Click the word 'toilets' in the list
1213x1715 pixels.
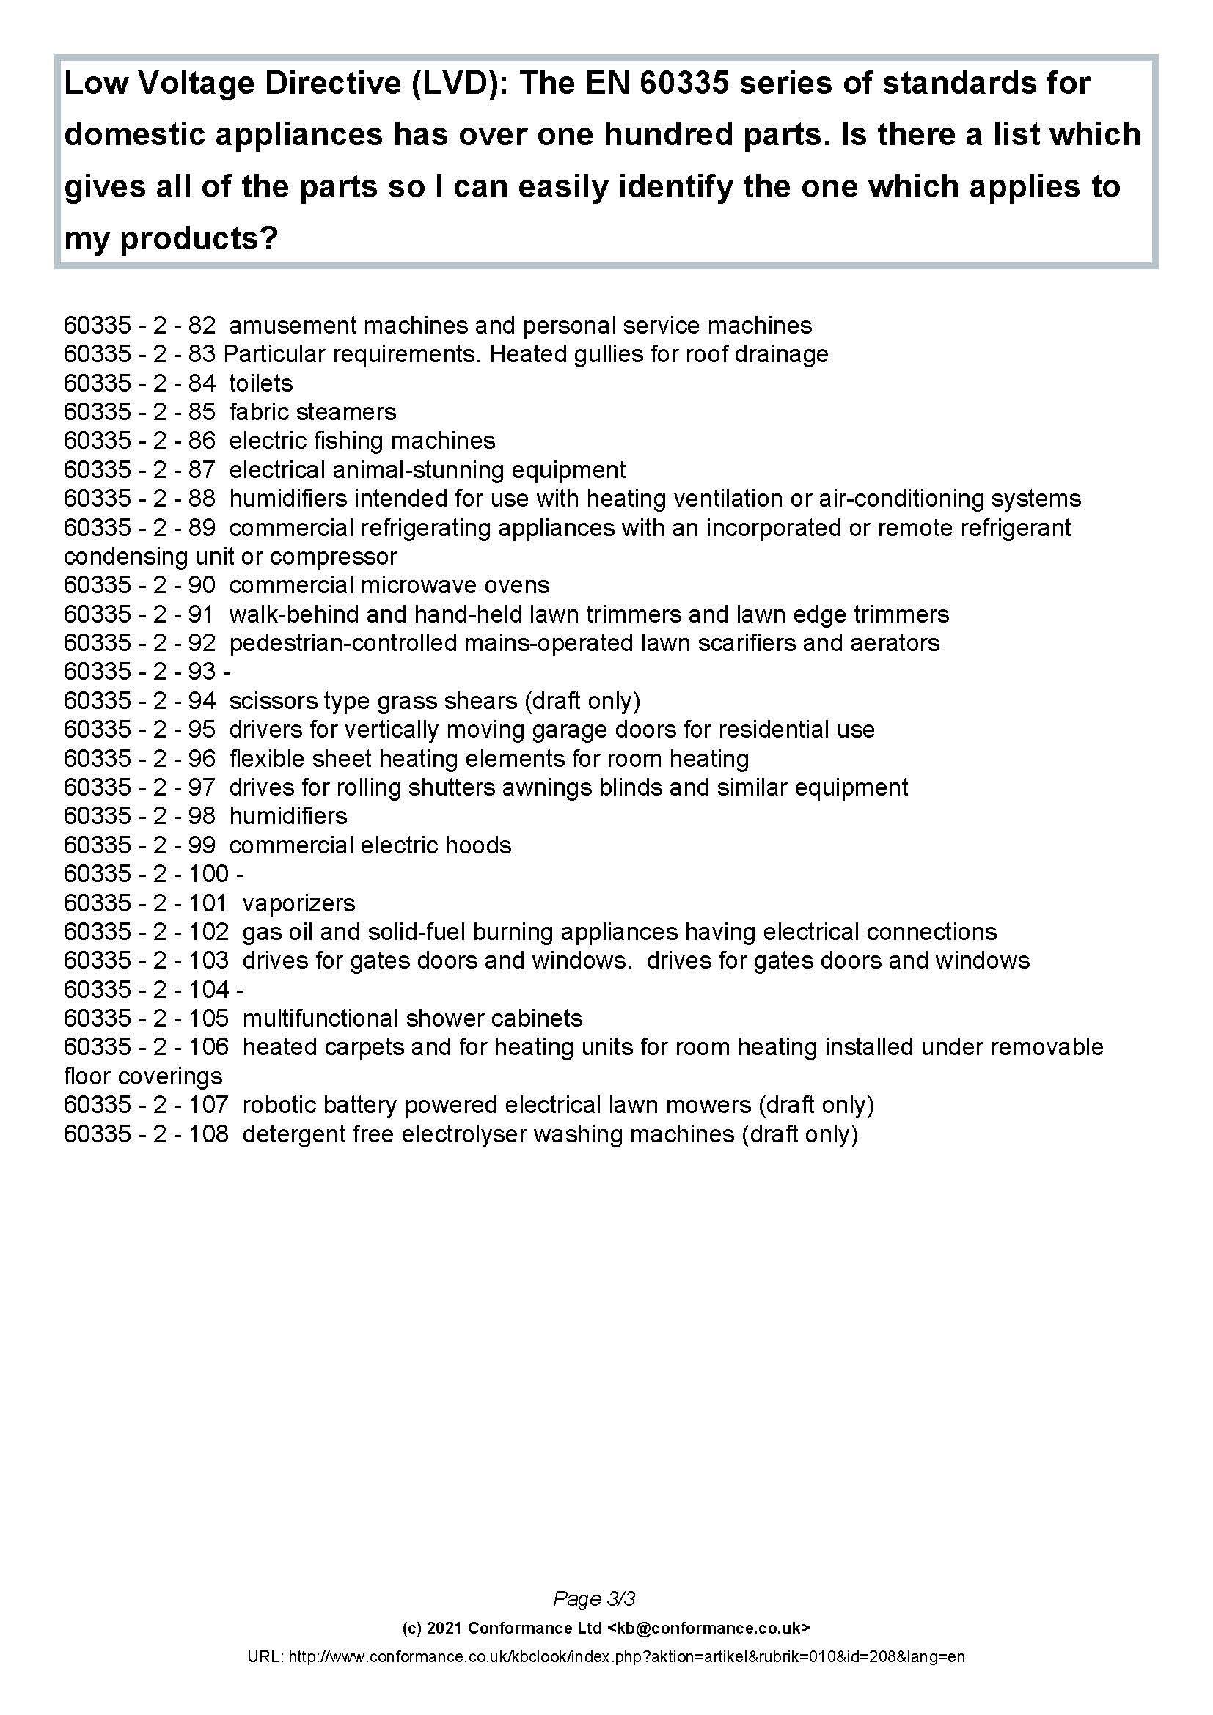pyautogui.click(x=260, y=383)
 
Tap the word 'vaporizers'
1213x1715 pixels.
pyautogui.click(x=298, y=903)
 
